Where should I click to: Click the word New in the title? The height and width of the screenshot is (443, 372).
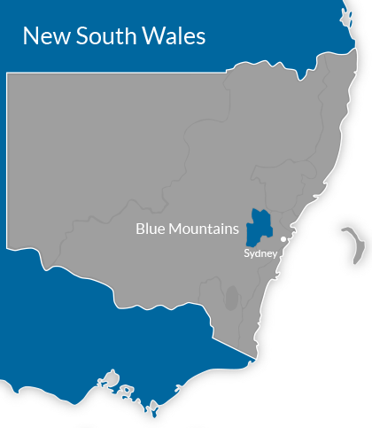pyautogui.click(x=43, y=36)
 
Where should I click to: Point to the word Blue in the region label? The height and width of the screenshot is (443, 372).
pyautogui.click(x=150, y=229)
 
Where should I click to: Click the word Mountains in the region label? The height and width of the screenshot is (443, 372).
pyautogui.click(x=203, y=229)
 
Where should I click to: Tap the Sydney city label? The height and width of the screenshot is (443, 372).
pyautogui.click(x=261, y=253)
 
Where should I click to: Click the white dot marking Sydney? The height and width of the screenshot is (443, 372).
pyautogui.click(x=283, y=239)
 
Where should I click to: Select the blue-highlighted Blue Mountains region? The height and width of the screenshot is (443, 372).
pyautogui.click(x=258, y=227)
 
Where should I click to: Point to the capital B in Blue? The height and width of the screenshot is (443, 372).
pyautogui.click(x=140, y=229)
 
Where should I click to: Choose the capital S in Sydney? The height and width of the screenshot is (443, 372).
pyautogui.click(x=247, y=253)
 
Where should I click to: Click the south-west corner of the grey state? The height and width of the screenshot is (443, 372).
pyautogui.click(x=8, y=245)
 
